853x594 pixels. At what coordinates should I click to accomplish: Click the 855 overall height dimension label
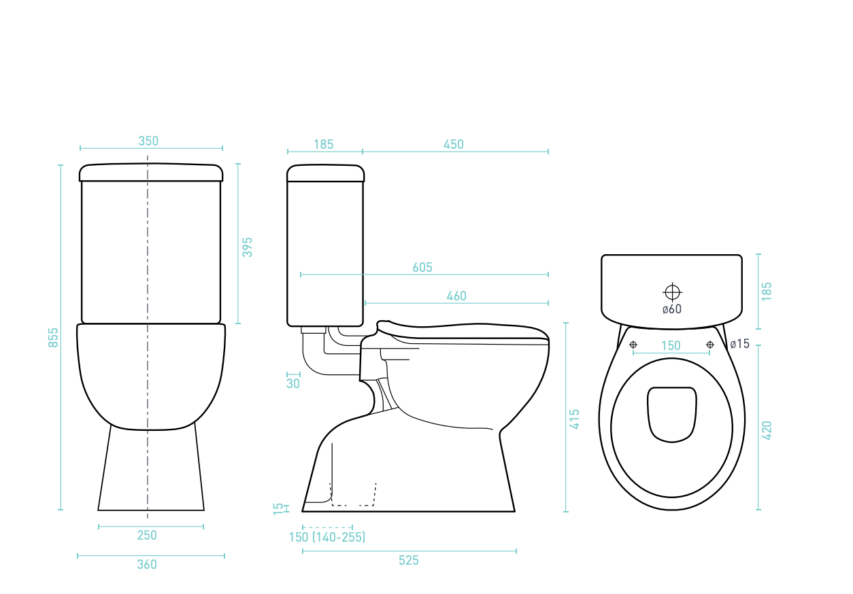[x=53, y=338]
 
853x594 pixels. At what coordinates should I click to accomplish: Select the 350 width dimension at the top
[x=148, y=141]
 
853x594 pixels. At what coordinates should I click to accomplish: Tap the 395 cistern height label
[x=248, y=247]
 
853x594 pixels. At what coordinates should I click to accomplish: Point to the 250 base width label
[x=147, y=536]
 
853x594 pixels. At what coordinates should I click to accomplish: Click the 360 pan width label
[x=147, y=564]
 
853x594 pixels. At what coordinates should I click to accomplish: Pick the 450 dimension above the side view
[x=454, y=145]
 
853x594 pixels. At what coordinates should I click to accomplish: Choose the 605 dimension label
[x=422, y=268]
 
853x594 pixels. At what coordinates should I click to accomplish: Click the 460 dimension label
[x=456, y=296]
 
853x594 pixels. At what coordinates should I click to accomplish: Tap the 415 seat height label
[x=574, y=419]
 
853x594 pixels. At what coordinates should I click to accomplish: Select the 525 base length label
[x=409, y=561]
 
